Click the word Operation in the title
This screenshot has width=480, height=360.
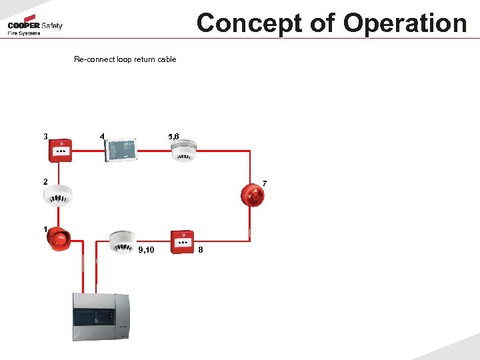coord(405,23)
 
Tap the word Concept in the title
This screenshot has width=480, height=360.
coord(253,23)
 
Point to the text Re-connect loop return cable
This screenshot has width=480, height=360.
coord(125,59)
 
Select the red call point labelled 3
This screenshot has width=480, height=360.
coord(61,151)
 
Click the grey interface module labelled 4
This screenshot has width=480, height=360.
coord(121,149)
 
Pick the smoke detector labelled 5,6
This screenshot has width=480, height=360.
coord(183,151)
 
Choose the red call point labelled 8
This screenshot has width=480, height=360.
coord(181,241)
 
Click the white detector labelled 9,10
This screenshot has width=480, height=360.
coord(122,241)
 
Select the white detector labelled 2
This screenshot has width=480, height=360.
coord(57,194)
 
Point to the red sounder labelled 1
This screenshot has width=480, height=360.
coord(58,239)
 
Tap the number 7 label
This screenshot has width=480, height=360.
coord(265,183)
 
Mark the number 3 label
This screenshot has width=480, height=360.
coord(45,137)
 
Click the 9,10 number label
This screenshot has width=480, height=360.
coord(146,250)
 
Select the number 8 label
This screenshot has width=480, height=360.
coord(201,250)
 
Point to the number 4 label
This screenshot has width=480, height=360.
coord(101,137)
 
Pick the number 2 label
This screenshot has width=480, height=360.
coord(45,181)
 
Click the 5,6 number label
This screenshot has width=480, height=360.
coord(173,137)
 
